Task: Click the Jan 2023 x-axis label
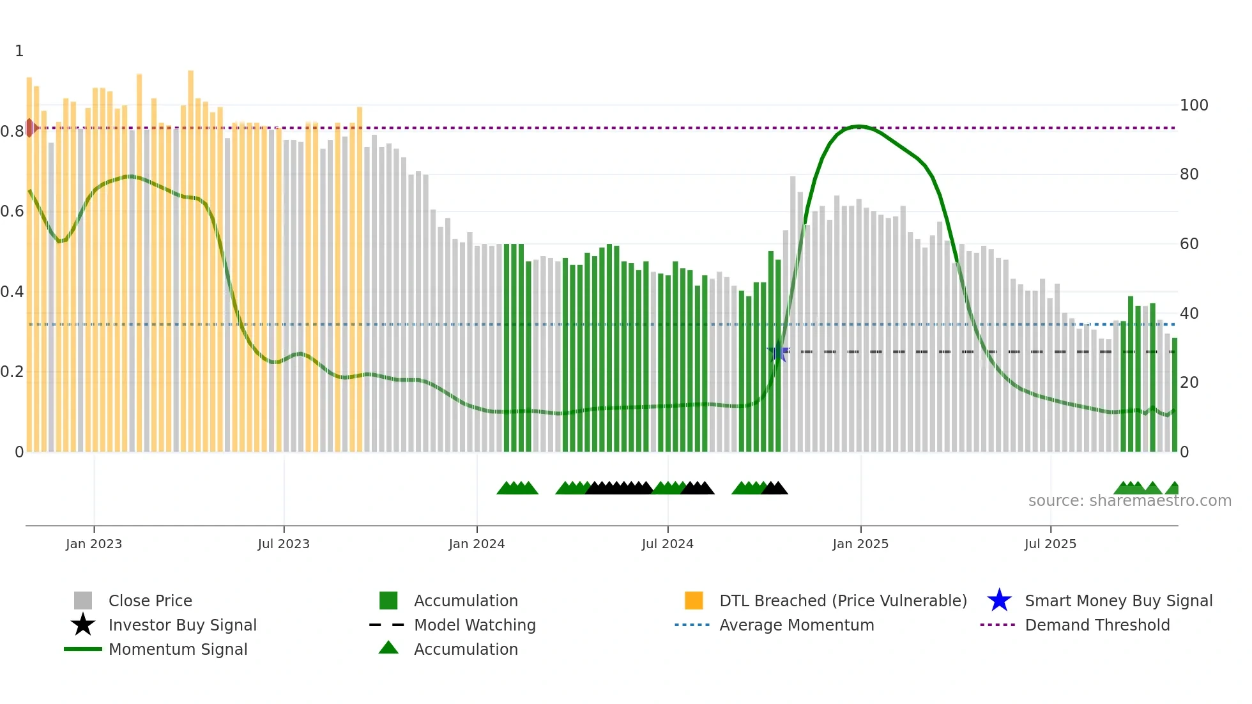(93, 544)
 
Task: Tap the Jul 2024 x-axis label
(668, 544)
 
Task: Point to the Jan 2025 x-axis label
(860, 544)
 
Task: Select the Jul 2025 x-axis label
(1050, 544)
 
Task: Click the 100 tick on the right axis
(1194, 105)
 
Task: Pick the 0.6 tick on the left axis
(11, 211)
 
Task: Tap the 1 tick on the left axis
(19, 50)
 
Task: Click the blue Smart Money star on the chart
(778, 351)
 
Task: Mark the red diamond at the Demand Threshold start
(30, 128)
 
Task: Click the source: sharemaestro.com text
(1129, 500)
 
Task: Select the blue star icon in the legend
(999, 601)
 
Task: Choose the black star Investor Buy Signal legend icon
(83, 625)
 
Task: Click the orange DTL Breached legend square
(694, 601)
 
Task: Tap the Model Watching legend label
(475, 625)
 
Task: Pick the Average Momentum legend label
(797, 625)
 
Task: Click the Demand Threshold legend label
(1097, 625)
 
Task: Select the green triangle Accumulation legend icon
(388, 648)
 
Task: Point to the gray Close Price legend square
(83, 601)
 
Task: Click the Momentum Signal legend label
(178, 649)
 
